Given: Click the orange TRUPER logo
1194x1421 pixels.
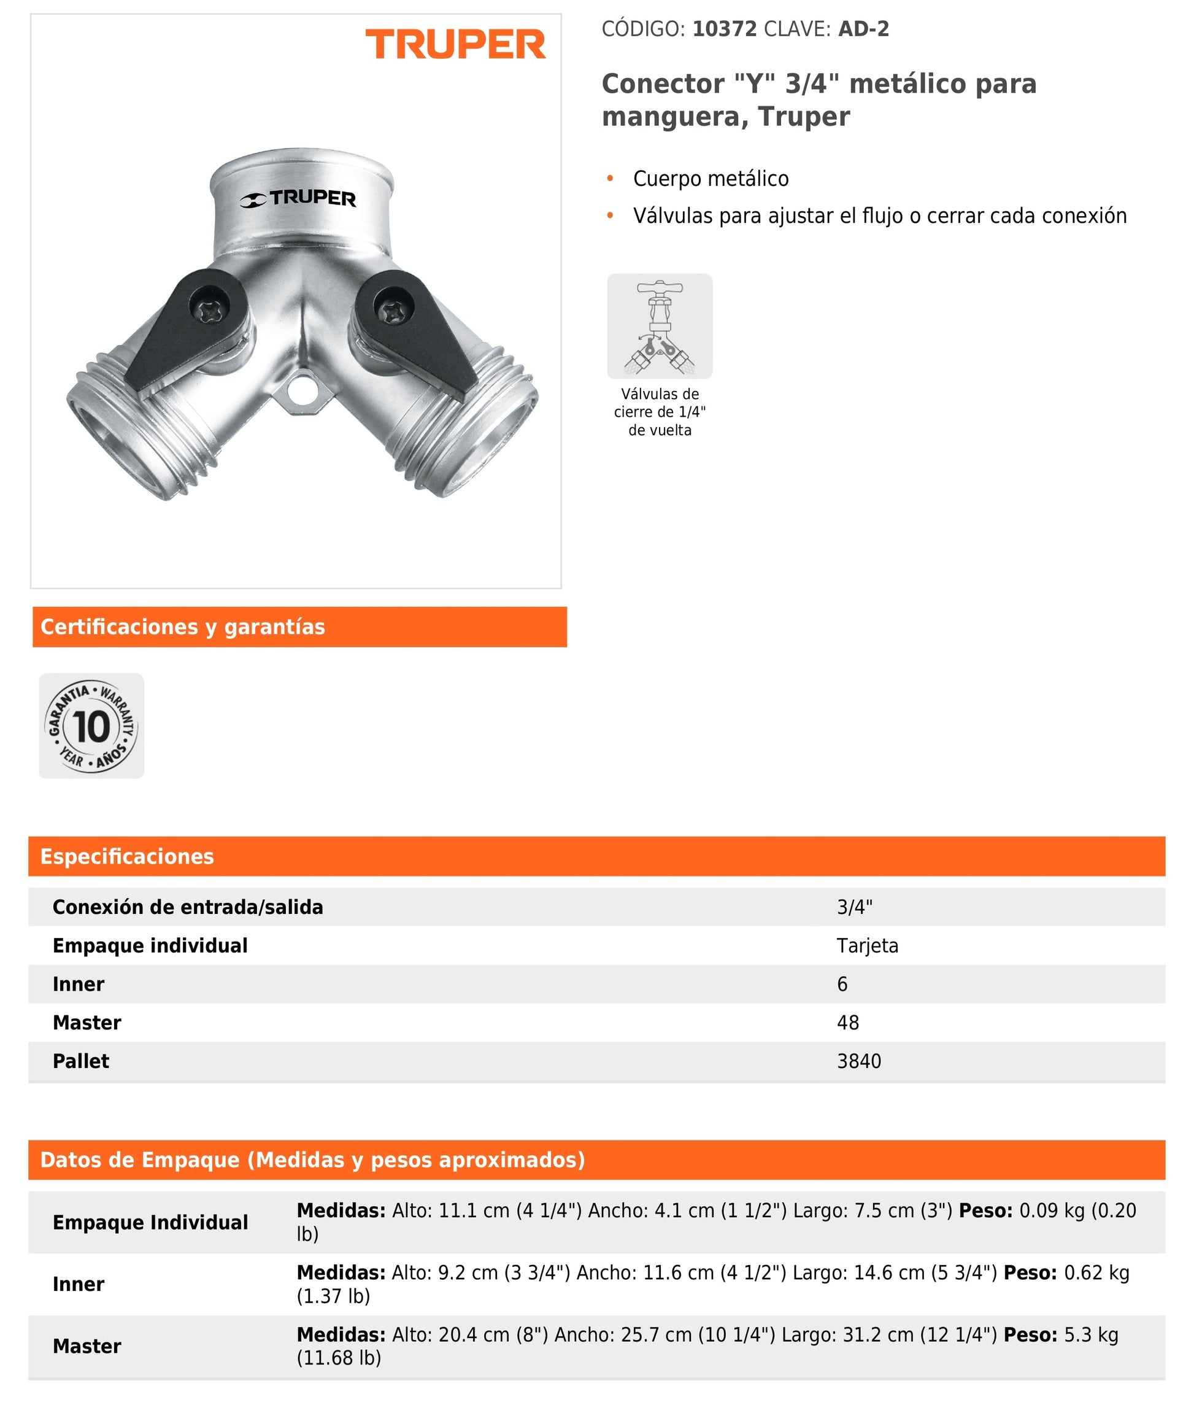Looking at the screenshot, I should click(455, 45).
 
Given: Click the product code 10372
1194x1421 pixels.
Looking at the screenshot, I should click(724, 29).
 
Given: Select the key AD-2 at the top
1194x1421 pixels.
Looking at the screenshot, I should click(863, 29).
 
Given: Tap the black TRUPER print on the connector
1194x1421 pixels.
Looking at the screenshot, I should click(298, 198).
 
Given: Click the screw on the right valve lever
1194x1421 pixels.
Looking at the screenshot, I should click(391, 311).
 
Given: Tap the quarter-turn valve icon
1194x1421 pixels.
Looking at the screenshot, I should click(659, 327).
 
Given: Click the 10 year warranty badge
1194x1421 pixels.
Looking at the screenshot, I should click(91, 726).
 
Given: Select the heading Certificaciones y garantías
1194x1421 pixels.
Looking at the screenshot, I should click(183, 627).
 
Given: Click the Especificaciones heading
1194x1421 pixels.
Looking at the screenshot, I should click(127, 856).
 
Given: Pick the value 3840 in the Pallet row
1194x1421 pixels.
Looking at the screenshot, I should click(859, 1061).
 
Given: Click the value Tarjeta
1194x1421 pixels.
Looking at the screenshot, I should click(867, 946).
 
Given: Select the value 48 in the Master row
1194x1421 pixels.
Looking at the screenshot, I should click(847, 1022).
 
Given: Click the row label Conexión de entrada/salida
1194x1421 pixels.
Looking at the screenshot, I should click(188, 907).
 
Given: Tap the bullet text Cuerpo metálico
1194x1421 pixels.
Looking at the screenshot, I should click(711, 179).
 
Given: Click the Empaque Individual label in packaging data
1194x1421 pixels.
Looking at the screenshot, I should click(150, 1223).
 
